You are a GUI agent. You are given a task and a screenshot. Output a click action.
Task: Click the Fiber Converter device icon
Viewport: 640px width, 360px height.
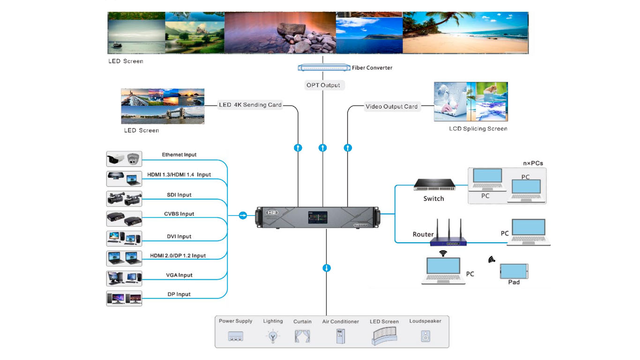click(324, 67)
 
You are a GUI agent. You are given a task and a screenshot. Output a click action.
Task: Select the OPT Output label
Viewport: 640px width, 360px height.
click(323, 85)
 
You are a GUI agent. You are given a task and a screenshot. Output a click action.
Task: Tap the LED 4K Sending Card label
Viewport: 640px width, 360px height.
click(250, 105)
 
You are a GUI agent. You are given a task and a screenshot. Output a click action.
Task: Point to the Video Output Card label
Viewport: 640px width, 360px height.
click(391, 106)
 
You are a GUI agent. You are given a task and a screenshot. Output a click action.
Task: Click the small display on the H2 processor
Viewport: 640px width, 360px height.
click(317, 217)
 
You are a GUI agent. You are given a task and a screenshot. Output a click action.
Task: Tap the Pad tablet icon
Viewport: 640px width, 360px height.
click(514, 271)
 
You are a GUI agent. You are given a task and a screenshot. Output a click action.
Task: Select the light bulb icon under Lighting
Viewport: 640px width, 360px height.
click(272, 336)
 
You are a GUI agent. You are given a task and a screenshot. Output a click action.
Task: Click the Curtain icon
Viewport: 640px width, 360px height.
click(302, 336)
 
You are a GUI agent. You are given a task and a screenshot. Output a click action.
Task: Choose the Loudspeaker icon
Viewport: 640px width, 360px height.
click(425, 336)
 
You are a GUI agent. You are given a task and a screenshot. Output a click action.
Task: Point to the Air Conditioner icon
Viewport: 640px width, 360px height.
click(340, 336)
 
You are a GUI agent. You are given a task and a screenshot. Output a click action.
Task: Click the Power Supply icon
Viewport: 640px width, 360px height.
click(235, 336)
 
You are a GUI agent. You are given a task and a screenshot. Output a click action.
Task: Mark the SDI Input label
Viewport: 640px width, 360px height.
click(179, 195)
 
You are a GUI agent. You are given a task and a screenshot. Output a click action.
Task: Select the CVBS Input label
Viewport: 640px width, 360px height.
click(179, 214)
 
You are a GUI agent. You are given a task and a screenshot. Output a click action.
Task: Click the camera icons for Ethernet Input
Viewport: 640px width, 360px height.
click(124, 159)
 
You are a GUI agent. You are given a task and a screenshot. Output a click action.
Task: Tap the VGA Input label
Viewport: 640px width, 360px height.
click(179, 275)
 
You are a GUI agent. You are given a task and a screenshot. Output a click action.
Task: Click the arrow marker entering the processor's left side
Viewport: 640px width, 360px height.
click(243, 215)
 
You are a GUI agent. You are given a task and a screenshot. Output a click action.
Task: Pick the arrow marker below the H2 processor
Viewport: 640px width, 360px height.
click(327, 268)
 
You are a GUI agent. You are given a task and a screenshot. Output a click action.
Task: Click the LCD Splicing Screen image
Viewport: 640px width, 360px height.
click(470, 102)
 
